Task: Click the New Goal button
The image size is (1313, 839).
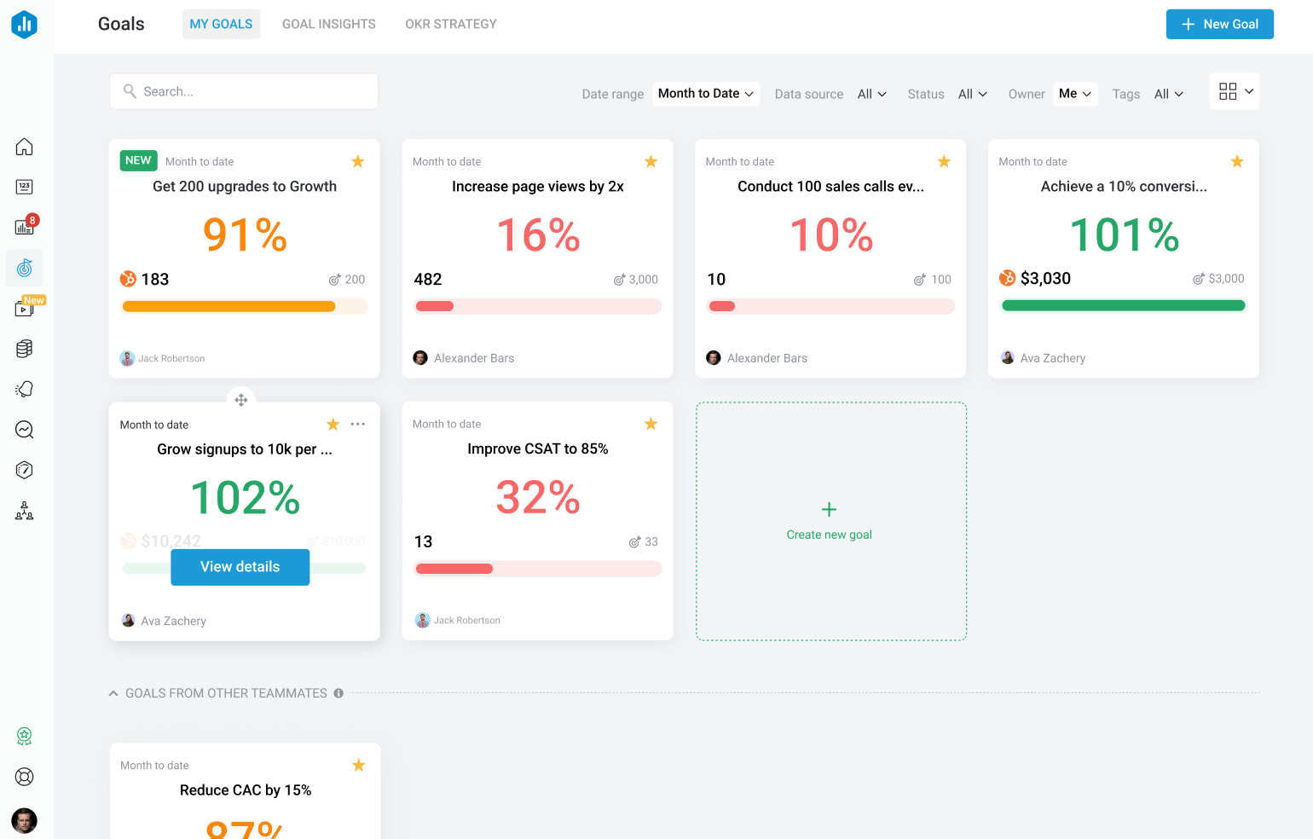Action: [x=1219, y=24]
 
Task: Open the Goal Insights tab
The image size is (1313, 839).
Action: [x=328, y=24]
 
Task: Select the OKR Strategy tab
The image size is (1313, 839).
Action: [x=450, y=24]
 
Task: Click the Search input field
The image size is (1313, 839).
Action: [x=244, y=91]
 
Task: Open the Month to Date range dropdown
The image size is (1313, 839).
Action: [x=705, y=94]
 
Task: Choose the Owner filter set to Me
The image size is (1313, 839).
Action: [x=1074, y=94]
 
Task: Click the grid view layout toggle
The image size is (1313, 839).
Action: [x=1228, y=91]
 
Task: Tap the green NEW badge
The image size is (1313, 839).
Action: [x=138, y=160]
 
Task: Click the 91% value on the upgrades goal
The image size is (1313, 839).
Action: [x=245, y=235]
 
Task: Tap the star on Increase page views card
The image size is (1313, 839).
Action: [x=651, y=162]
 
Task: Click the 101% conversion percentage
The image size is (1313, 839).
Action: [x=1124, y=235]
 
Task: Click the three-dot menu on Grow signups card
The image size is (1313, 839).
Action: [x=358, y=424]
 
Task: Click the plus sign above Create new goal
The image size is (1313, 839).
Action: [x=829, y=510]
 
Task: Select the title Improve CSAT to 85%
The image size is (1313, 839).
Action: [x=537, y=448]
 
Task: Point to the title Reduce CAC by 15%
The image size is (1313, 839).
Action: [x=246, y=790]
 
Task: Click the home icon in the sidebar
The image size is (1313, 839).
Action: [x=25, y=147]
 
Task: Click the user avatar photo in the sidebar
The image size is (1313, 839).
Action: [x=25, y=820]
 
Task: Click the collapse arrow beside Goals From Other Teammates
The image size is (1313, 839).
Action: [x=113, y=693]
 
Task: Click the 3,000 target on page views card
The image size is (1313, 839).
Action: [x=642, y=280]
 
